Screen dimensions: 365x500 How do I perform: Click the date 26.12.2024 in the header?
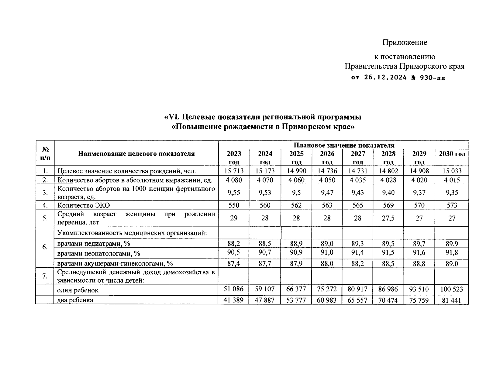pos(385,78)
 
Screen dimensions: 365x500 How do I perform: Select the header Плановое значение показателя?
pos(344,145)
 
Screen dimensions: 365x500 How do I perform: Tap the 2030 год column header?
pos(452,154)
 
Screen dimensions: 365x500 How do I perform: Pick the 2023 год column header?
pos(234,158)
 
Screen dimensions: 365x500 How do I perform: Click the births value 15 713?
pos(234,171)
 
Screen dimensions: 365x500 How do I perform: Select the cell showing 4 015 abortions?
pos(452,180)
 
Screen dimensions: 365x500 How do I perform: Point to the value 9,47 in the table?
pos(327,193)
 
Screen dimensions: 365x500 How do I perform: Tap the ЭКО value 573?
pos(452,205)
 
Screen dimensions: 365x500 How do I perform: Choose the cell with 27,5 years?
pos(388,218)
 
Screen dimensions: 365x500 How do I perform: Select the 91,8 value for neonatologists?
pos(452,252)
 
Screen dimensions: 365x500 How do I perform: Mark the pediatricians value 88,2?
pos(234,243)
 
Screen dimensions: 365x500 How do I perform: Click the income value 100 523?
pos(452,289)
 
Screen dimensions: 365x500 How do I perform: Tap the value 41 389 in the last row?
pos(234,300)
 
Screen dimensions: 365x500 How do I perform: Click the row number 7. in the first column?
pos(45,276)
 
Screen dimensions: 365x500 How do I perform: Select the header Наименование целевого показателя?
pos(136,154)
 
